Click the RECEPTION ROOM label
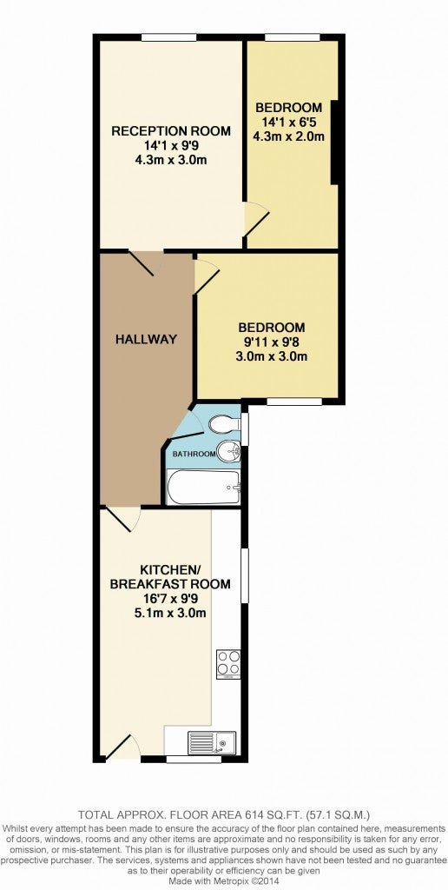171,131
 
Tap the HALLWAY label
147,340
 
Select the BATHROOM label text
194,454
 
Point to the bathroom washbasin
231,452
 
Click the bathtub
205,487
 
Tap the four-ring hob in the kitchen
228,664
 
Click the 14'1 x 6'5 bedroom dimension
289,122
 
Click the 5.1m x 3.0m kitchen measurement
170,613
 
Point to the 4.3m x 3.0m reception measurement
171,160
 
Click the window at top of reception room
168,37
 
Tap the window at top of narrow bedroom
292,37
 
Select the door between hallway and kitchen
122,518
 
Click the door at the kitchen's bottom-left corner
122,746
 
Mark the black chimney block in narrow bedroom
334,142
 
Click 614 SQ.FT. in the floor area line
267,814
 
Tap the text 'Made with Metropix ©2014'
223,880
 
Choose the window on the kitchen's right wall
245,575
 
